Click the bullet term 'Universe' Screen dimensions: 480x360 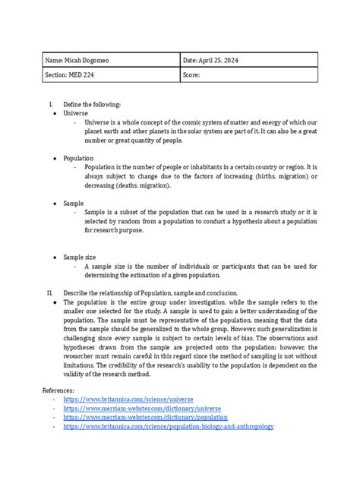[77, 112]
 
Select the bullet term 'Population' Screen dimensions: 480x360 [79, 158]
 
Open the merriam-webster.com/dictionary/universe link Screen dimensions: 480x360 [144, 408]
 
